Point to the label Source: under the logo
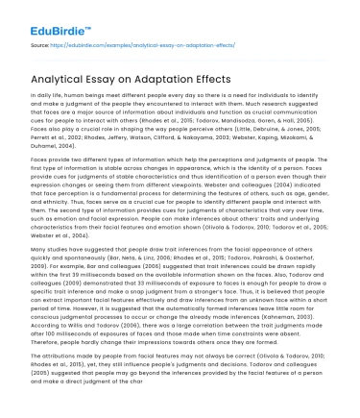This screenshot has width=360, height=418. (x=40, y=44)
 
